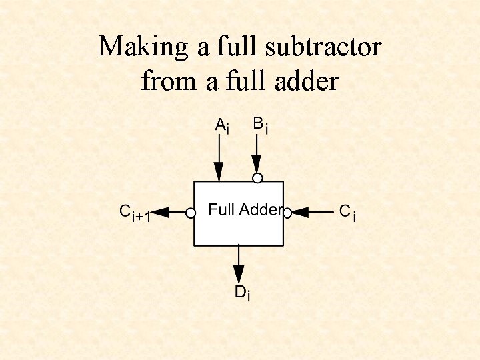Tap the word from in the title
pyautogui.click(x=163, y=81)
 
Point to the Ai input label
pyautogui.click(x=222, y=126)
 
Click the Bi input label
pyautogui.click(x=261, y=125)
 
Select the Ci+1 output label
pyautogui.click(x=135, y=213)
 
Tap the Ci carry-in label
pyautogui.click(x=347, y=213)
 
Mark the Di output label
pyautogui.click(x=242, y=293)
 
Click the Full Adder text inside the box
pyautogui.click(x=244, y=210)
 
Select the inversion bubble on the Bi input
pyautogui.click(x=257, y=177)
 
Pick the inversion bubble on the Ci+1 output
pyautogui.click(x=191, y=213)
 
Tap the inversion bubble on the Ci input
pyautogui.click(x=287, y=213)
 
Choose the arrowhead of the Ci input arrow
pyautogui.click(x=300, y=213)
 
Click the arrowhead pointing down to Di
pyautogui.click(x=239, y=273)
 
